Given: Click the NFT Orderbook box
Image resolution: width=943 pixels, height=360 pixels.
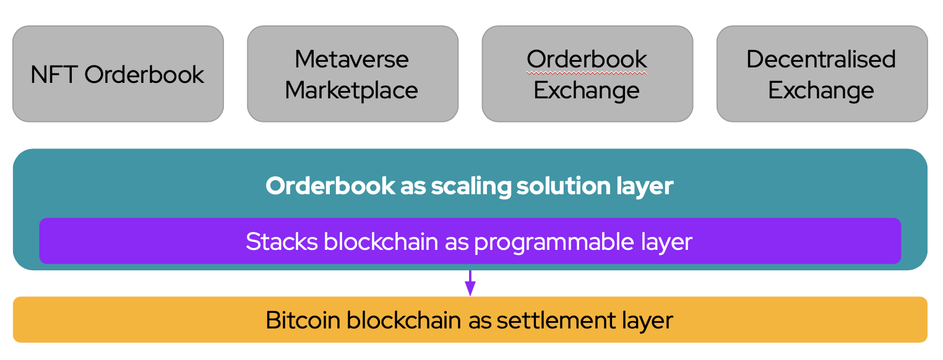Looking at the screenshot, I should pyautogui.click(x=118, y=74).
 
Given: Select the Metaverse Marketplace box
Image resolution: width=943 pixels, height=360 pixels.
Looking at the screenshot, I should pyautogui.click(x=353, y=74).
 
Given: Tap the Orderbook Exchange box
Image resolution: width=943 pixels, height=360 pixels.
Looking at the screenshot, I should pyautogui.click(x=587, y=74).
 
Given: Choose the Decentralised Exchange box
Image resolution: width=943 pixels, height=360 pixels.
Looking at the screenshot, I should pyautogui.click(x=822, y=74).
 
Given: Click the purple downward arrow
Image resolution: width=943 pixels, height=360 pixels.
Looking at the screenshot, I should pyautogui.click(x=470, y=283).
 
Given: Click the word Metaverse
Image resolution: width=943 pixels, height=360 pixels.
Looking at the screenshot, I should pyautogui.click(x=351, y=59).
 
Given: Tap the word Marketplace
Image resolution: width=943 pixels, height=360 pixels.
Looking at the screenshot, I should pyautogui.click(x=351, y=90).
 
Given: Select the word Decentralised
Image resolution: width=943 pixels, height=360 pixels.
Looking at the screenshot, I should pyautogui.click(x=821, y=59).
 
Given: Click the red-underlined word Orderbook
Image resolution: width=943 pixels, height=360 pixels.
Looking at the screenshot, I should pyautogui.click(x=587, y=59).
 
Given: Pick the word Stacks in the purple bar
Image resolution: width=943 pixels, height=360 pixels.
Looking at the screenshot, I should pyautogui.click(x=282, y=241).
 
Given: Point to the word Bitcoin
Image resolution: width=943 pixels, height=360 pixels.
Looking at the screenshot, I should pyautogui.click(x=303, y=320).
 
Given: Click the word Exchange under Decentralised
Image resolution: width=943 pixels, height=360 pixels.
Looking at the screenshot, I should pyautogui.click(x=821, y=90).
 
